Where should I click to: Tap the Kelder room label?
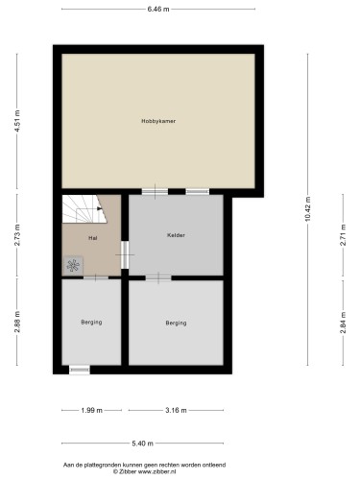[x=176, y=235]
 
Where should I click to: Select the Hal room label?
[x=92, y=237]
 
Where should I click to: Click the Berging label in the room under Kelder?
[x=176, y=323]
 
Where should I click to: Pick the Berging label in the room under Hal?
[x=91, y=323]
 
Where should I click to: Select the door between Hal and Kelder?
[x=125, y=254]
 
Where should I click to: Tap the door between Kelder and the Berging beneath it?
[x=158, y=277]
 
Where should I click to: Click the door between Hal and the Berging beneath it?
[x=95, y=277]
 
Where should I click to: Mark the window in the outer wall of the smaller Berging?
[x=80, y=370]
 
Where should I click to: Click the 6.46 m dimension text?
[x=158, y=10]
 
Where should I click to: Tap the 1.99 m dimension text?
[x=91, y=410]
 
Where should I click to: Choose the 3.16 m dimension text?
[x=176, y=410]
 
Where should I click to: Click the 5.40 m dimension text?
[x=142, y=444]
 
